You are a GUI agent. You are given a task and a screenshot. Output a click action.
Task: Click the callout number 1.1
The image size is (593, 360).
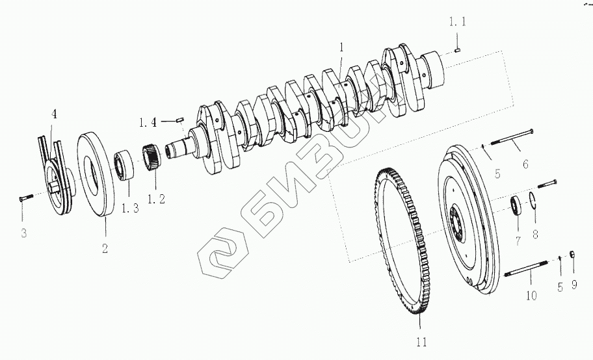click(458, 22)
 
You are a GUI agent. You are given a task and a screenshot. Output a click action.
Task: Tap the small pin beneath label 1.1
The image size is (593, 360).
click(457, 49)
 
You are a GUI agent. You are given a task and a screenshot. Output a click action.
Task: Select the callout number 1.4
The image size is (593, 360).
click(148, 123)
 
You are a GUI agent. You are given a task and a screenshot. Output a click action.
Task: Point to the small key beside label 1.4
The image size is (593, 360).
click(180, 120)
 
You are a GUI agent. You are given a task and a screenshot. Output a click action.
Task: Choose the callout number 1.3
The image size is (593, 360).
click(130, 207)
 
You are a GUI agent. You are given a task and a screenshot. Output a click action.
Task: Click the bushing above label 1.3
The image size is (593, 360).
click(124, 165)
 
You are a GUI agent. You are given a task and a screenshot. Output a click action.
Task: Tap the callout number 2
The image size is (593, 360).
click(105, 248)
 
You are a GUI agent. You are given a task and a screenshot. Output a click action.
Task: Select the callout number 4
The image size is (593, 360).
click(55, 114)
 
